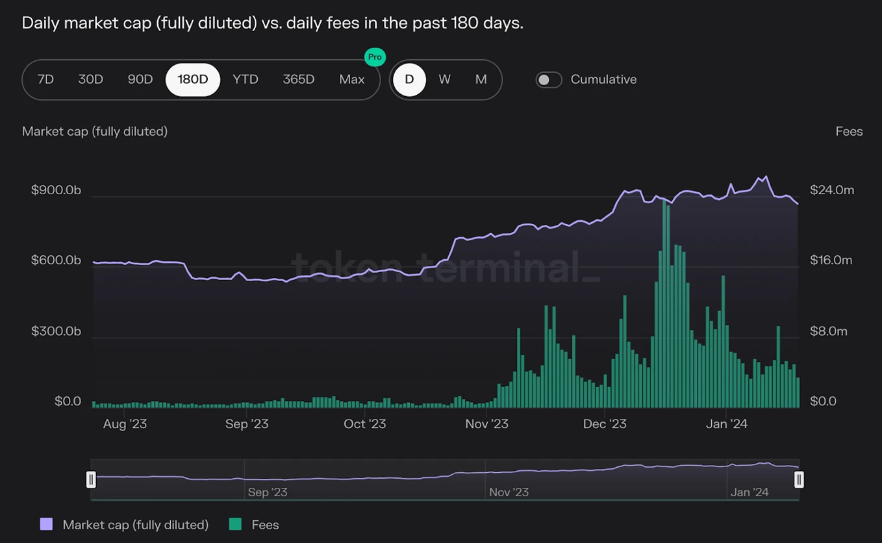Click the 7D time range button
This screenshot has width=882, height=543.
(x=45, y=79)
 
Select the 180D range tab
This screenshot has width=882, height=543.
(x=193, y=79)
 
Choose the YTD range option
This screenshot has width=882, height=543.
(x=246, y=79)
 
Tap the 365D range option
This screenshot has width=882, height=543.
(x=299, y=79)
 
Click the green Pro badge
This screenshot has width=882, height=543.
(x=375, y=57)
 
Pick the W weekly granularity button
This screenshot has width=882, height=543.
(x=444, y=79)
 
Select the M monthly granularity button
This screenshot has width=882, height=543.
(x=481, y=79)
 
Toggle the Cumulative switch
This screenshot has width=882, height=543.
(x=549, y=79)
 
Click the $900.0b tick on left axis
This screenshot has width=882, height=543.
(x=56, y=190)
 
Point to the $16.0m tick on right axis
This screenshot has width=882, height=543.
(x=831, y=260)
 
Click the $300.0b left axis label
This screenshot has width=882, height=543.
(x=56, y=331)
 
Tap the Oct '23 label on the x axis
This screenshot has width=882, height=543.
(x=364, y=424)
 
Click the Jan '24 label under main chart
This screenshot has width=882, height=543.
(x=726, y=424)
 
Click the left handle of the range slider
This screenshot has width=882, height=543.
(x=91, y=479)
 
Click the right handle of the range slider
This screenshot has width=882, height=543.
(x=799, y=479)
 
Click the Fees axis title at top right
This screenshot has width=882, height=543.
(x=849, y=131)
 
